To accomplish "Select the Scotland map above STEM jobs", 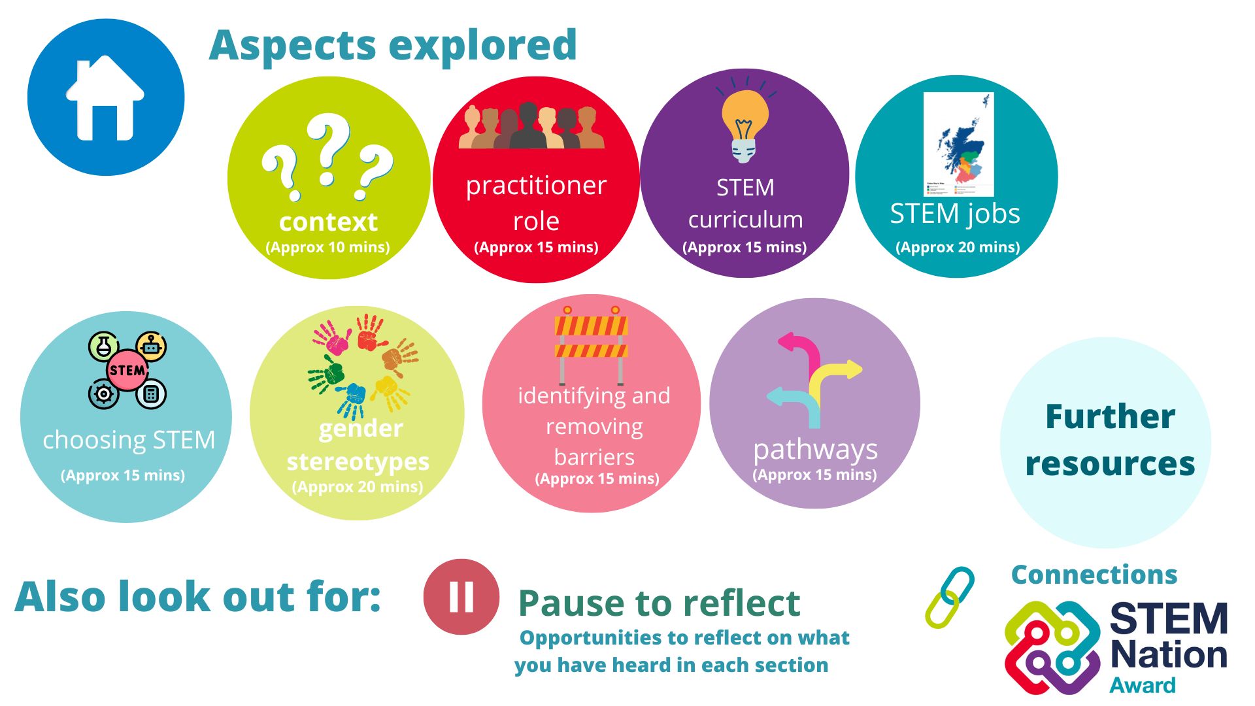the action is [958, 144].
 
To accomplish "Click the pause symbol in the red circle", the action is [461, 596].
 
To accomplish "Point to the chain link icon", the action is [950, 597].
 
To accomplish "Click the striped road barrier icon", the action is [592, 345].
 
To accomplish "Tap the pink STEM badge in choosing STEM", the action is [127, 371].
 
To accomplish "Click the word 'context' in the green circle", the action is [328, 222].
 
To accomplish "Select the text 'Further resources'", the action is [1110, 440].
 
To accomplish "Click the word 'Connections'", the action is [1094, 575].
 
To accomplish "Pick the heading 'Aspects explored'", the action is [393, 45].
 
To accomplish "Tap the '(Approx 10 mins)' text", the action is [327, 247].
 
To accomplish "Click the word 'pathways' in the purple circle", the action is [815, 450].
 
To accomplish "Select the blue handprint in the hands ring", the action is [354, 399].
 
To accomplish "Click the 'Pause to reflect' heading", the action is [659, 603].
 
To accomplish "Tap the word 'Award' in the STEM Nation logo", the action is [1143, 685].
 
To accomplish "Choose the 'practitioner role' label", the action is [536, 203].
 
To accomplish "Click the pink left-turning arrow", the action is [801, 357].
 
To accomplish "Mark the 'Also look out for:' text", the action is [197, 597].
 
